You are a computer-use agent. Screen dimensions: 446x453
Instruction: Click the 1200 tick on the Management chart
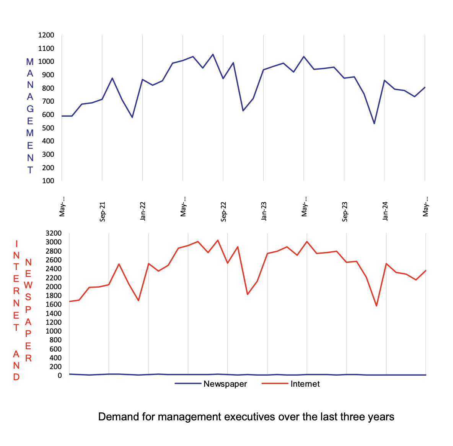point(46,35)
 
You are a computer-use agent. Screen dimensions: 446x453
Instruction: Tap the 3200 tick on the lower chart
point(53,233)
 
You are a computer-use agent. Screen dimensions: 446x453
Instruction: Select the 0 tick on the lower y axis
point(59,376)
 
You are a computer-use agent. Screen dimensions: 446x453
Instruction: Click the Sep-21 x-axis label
point(103,211)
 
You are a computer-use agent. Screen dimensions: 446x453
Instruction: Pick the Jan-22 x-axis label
point(143,211)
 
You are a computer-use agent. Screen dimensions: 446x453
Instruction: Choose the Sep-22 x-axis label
point(223,211)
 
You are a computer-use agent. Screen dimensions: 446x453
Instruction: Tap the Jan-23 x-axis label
point(264,211)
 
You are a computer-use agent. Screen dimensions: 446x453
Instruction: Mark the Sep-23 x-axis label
point(345,211)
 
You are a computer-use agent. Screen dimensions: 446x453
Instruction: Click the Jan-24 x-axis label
point(385,211)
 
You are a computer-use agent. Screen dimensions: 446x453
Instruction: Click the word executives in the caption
point(250,417)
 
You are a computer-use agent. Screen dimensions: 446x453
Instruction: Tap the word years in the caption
point(381,417)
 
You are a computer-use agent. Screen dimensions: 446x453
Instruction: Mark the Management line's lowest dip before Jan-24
point(374,123)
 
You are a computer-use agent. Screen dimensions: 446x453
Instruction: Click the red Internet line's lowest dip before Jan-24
point(376,306)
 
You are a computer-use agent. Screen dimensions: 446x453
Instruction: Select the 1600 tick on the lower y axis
point(53,304)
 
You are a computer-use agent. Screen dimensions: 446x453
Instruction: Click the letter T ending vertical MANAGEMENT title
point(30,170)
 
